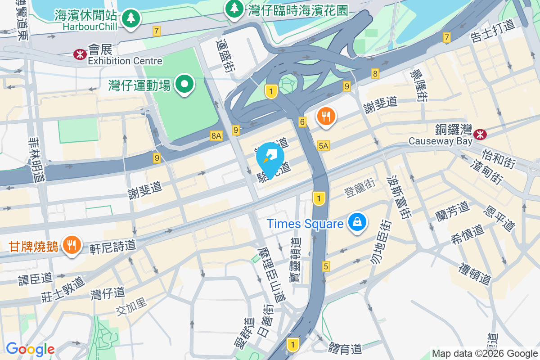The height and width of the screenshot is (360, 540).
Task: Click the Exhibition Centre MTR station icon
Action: (x=80, y=54)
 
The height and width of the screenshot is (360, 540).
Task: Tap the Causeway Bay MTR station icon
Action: (x=480, y=134)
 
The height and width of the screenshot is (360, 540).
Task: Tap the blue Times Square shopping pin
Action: (x=357, y=222)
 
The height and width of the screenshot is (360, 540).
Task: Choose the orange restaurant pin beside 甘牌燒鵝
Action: (x=71, y=245)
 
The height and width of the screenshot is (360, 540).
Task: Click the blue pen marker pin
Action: (x=270, y=158)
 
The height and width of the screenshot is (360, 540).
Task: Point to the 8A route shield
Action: (x=216, y=135)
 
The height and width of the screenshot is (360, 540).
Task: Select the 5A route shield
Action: (x=323, y=145)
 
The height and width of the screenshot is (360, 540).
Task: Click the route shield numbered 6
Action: (x=302, y=122)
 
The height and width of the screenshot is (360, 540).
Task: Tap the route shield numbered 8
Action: (x=375, y=73)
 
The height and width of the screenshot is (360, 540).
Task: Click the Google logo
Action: (x=30, y=349)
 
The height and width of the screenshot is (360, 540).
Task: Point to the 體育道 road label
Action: (x=345, y=348)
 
